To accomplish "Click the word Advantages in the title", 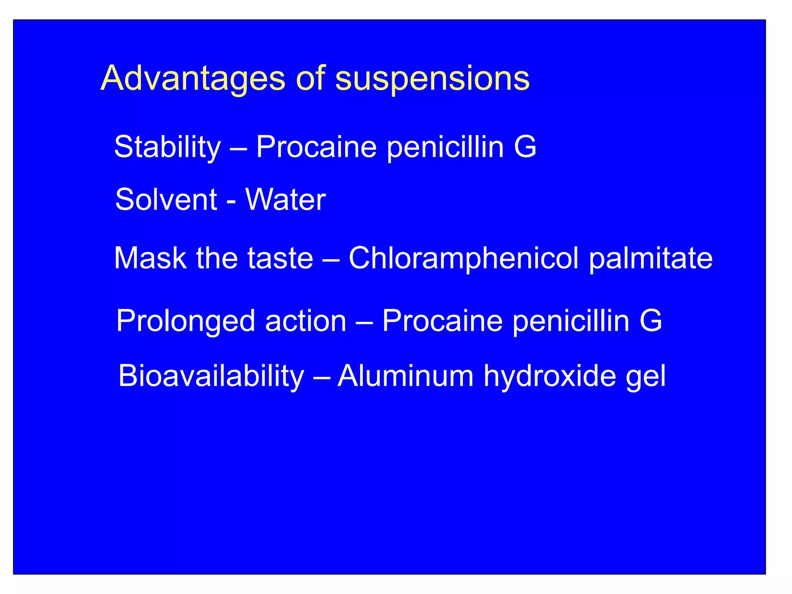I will coord(193,79).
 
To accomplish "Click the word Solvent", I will coord(166,200).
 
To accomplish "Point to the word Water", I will coord(285,200).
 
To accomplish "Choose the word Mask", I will coord(150,258).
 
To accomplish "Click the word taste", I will coord(280,258).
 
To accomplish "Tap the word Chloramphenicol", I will coord(464,258).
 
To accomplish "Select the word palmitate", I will coord(650,258).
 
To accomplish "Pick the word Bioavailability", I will coord(211,376).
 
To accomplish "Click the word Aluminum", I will coord(406,376).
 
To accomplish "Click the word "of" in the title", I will coord(310,79).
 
